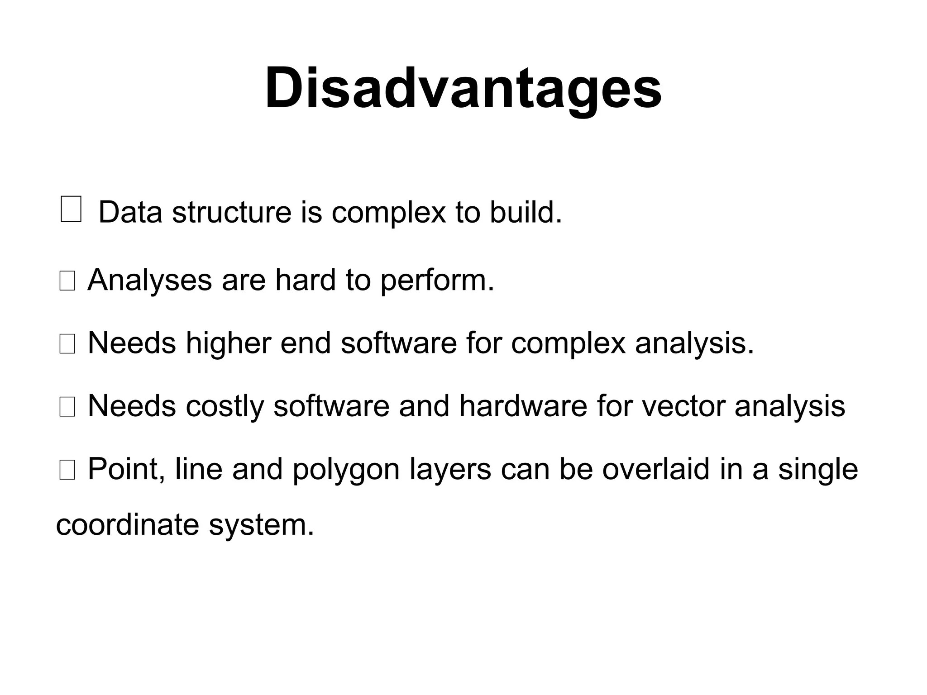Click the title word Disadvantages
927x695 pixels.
(x=463, y=88)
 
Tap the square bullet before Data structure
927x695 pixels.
(x=71, y=209)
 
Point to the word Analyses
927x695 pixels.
(x=149, y=280)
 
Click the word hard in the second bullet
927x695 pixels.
(x=306, y=280)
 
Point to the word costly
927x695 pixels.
(x=225, y=406)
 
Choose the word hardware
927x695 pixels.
(x=523, y=405)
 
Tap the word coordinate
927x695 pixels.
(x=127, y=525)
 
